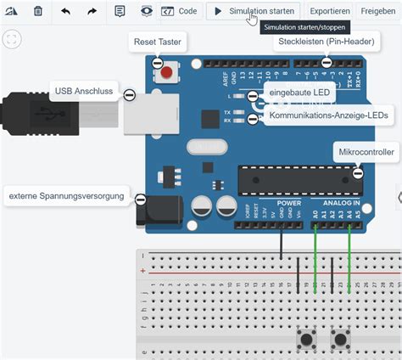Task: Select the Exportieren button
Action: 329,11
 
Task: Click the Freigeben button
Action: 377,11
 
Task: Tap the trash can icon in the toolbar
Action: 38,11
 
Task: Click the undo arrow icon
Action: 65,11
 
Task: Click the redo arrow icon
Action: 92,11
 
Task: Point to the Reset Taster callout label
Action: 159,42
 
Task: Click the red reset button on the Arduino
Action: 166,72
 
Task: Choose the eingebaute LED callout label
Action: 297,91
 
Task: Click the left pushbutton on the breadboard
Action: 306,340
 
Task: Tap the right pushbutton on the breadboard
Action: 341,340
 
